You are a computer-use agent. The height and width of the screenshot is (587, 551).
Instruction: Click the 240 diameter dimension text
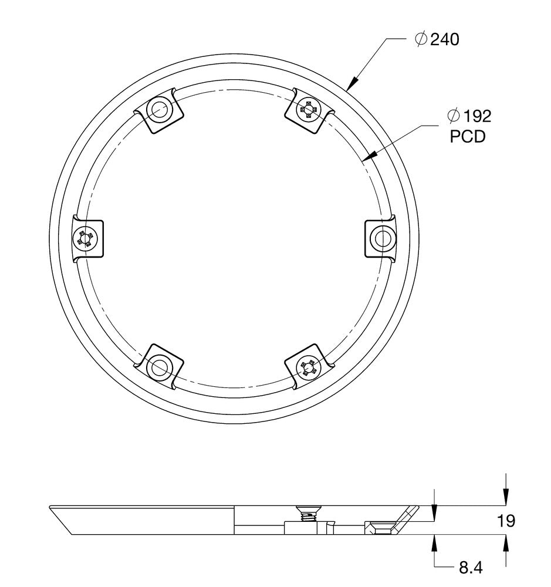[x=444, y=40]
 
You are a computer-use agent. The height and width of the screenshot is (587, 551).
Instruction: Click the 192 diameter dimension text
[x=476, y=116]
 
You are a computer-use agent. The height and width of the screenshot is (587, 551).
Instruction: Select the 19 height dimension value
[x=505, y=520]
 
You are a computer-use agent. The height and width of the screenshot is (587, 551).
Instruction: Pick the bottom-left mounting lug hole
[x=158, y=368]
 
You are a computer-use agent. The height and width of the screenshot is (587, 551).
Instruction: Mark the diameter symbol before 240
[x=420, y=40]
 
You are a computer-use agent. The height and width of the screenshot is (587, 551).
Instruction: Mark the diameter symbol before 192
[x=453, y=116]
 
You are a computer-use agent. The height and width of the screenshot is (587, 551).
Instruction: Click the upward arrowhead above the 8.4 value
[x=434, y=540]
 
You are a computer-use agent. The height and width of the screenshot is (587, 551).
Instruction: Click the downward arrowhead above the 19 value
[x=506, y=499]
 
